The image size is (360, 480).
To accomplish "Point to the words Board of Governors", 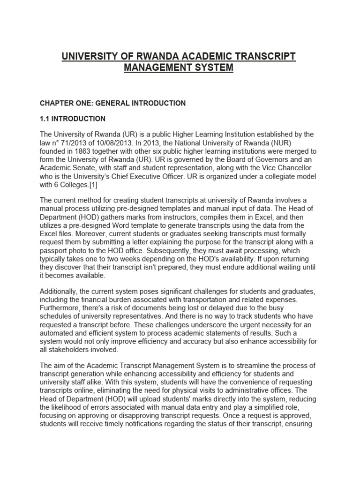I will click(246, 160).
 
